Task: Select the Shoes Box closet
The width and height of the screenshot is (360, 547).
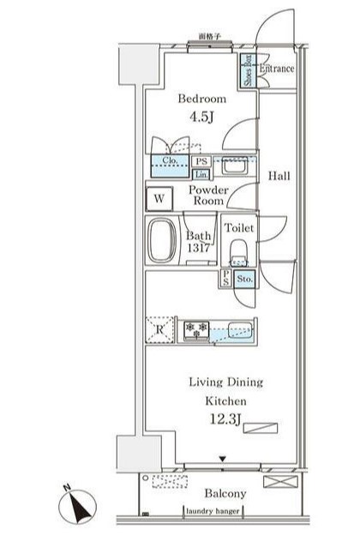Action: pos(247,68)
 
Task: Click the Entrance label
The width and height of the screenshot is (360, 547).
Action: pos(277,69)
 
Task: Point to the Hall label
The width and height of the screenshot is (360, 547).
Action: pos(279,176)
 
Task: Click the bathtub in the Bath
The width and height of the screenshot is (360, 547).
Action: pos(163,241)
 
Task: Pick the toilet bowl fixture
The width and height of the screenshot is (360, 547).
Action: pos(238,254)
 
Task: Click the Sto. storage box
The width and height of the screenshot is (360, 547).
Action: pos(243,279)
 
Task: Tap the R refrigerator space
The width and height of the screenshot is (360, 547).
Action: pos(159,329)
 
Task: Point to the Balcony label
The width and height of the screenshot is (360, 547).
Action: pos(225,494)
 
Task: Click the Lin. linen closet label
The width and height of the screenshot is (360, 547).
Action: pos(201,174)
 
